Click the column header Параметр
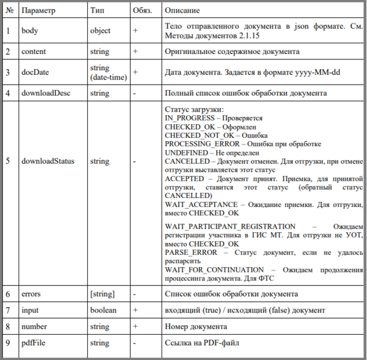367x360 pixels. (x=38, y=11)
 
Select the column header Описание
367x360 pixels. (x=183, y=11)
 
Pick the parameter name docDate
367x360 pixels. (x=35, y=73)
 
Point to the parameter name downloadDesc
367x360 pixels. (x=44, y=93)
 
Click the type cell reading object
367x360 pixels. (x=100, y=30)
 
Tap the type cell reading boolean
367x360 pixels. (x=103, y=310)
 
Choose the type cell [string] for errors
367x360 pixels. (x=103, y=294)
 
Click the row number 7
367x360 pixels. (x=8, y=310)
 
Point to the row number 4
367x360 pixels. (x=8, y=93)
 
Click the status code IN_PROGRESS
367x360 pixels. (x=189, y=119)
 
